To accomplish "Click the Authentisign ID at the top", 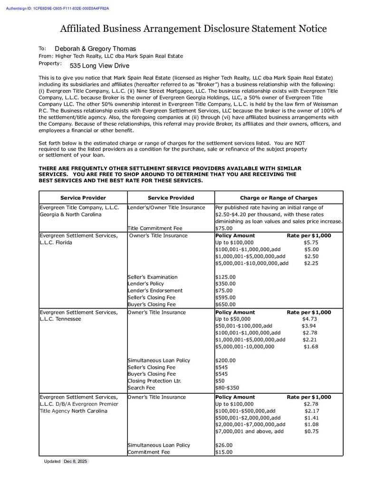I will (58, 9).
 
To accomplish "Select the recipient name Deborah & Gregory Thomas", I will (95, 49).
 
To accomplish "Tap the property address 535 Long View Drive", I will (99, 66).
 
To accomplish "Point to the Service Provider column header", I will (83, 198).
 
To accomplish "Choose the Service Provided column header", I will (171, 198).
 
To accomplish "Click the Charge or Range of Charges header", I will (279, 198).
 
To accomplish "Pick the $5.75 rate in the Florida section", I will (311, 243).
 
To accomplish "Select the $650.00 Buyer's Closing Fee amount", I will (225, 304).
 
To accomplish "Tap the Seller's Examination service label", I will (153, 277).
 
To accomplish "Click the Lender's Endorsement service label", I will (155, 291).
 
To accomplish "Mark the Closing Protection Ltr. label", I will (154, 381).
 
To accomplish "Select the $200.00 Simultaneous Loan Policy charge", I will (225, 360).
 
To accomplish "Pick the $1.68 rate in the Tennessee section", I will (311, 347).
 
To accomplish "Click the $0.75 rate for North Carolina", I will (311, 431).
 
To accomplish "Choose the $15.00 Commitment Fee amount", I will (224, 452).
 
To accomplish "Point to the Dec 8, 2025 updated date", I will (76, 462).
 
